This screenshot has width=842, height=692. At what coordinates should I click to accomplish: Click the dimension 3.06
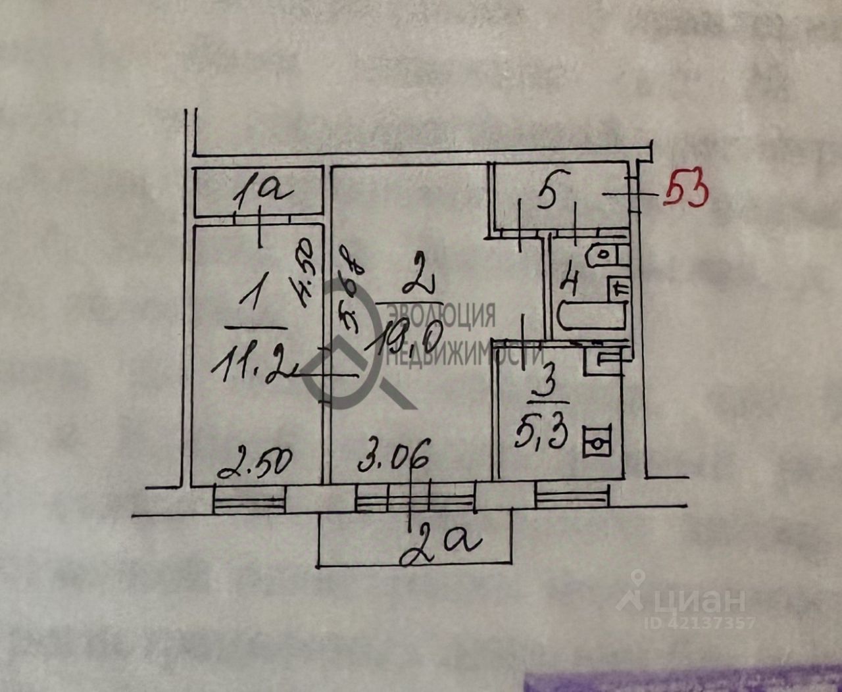pyautogui.click(x=394, y=457)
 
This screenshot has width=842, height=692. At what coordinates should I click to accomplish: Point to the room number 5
pyautogui.click(x=545, y=195)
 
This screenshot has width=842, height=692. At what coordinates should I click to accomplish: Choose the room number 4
pyautogui.click(x=570, y=284)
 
